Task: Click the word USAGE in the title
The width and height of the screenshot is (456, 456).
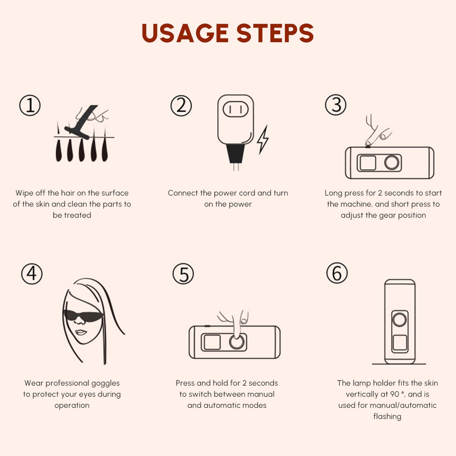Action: point(185,33)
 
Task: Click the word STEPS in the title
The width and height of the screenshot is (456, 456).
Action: point(275,33)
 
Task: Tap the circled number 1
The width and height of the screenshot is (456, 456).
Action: point(30,105)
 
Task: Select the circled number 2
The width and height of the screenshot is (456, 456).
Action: point(181,105)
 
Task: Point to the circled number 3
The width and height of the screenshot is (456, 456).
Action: point(335,105)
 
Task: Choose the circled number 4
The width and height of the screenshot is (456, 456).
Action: point(32,274)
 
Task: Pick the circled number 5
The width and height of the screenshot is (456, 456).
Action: point(183,274)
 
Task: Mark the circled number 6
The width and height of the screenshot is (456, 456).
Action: point(337,273)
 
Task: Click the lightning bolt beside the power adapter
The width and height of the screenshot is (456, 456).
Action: point(263,139)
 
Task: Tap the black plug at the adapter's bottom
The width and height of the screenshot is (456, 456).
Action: point(235,154)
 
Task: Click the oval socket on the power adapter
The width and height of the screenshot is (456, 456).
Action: point(235,109)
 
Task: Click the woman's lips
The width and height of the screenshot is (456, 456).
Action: point(81,333)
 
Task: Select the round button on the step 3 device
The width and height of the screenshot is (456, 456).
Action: point(392,163)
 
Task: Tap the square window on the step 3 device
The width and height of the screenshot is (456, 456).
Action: point(368,163)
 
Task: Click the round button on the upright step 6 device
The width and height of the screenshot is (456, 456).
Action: point(400,320)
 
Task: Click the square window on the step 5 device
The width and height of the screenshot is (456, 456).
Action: point(212,342)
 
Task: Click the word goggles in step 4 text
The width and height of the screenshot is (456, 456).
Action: point(105,383)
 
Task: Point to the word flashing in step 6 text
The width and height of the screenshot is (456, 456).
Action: point(388,416)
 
